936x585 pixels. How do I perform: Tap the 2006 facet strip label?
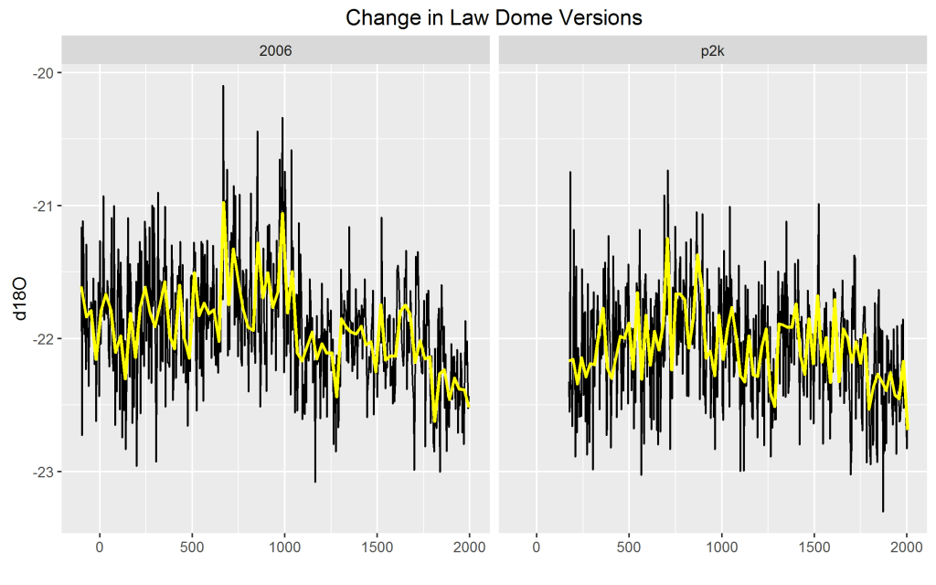click(275, 51)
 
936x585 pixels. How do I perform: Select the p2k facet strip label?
click(712, 51)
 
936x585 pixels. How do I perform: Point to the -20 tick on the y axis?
click(42, 72)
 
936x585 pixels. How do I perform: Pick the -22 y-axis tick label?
click(42, 339)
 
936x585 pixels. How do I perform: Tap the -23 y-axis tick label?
click(42, 472)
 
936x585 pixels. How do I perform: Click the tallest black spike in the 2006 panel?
click(223, 87)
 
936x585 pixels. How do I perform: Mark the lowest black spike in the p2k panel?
click(883, 510)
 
